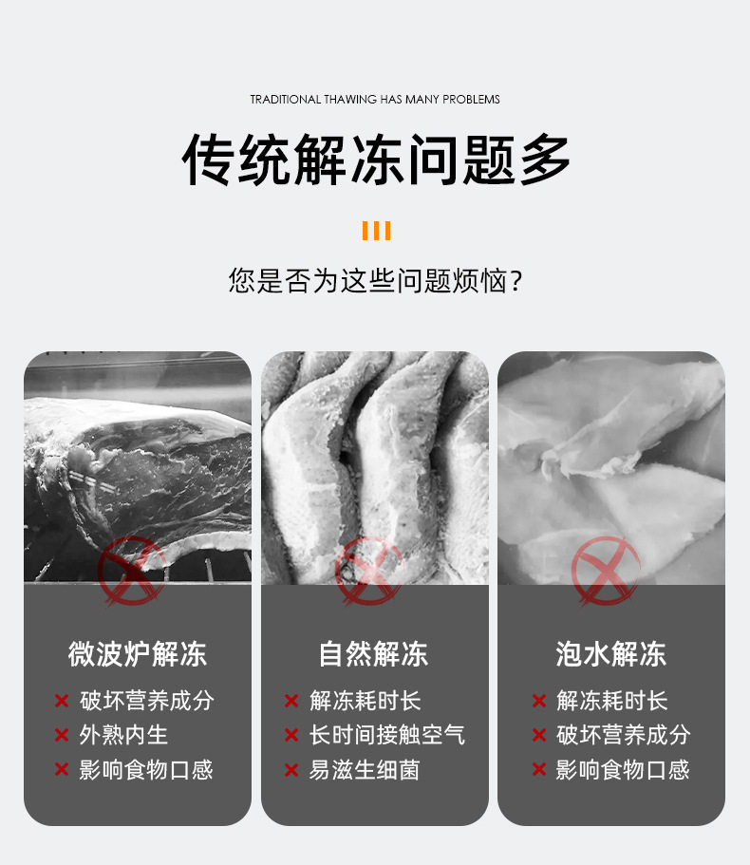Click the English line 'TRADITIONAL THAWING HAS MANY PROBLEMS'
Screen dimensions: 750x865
(375, 100)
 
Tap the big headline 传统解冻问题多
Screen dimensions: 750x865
(376, 160)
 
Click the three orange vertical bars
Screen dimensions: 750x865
(376, 231)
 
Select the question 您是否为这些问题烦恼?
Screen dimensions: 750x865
(375, 281)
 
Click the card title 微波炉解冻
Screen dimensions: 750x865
(138, 654)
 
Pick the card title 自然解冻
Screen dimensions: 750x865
(373, 654)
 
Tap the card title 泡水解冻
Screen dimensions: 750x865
(611, 654)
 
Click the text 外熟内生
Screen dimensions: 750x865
(123, 735)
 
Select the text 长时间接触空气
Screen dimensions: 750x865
(387, 735)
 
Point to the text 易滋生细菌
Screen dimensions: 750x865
(364, 769)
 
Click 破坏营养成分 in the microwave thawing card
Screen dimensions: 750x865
(147, 701)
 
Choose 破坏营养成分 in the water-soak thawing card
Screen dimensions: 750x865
(623, 735)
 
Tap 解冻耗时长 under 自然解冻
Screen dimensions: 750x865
(365, 701)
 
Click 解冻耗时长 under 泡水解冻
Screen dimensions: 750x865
(611, 701)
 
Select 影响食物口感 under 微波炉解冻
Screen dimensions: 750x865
(146, 769)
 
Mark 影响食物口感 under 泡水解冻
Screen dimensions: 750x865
(623, 769)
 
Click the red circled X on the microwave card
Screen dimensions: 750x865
(131, 572)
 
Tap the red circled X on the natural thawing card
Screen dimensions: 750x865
(368, 572)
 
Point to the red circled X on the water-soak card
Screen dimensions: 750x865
(606, 572)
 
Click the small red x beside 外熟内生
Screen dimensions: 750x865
(61, 735)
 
